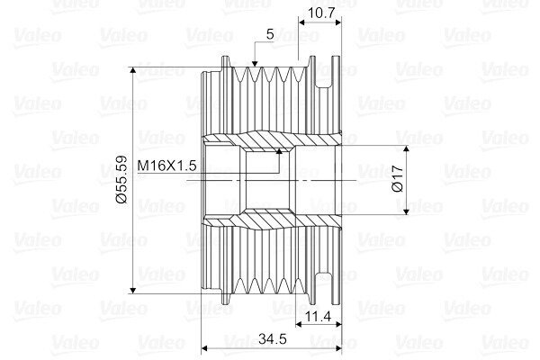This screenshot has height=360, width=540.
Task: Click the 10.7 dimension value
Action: [321, 13]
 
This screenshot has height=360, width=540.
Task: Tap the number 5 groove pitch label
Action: [270, 34]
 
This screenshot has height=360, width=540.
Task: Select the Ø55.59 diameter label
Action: [121, 179]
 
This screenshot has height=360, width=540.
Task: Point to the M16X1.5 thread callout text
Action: [166, 166]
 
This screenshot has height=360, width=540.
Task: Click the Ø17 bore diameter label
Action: [398, 178]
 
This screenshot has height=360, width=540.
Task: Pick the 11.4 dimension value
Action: [319, 316]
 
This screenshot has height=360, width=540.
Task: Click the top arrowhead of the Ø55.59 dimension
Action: [133, 70]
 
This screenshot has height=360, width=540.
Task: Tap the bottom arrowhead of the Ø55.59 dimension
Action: [133, 290]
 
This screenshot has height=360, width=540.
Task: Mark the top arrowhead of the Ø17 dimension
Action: [407, 149]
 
